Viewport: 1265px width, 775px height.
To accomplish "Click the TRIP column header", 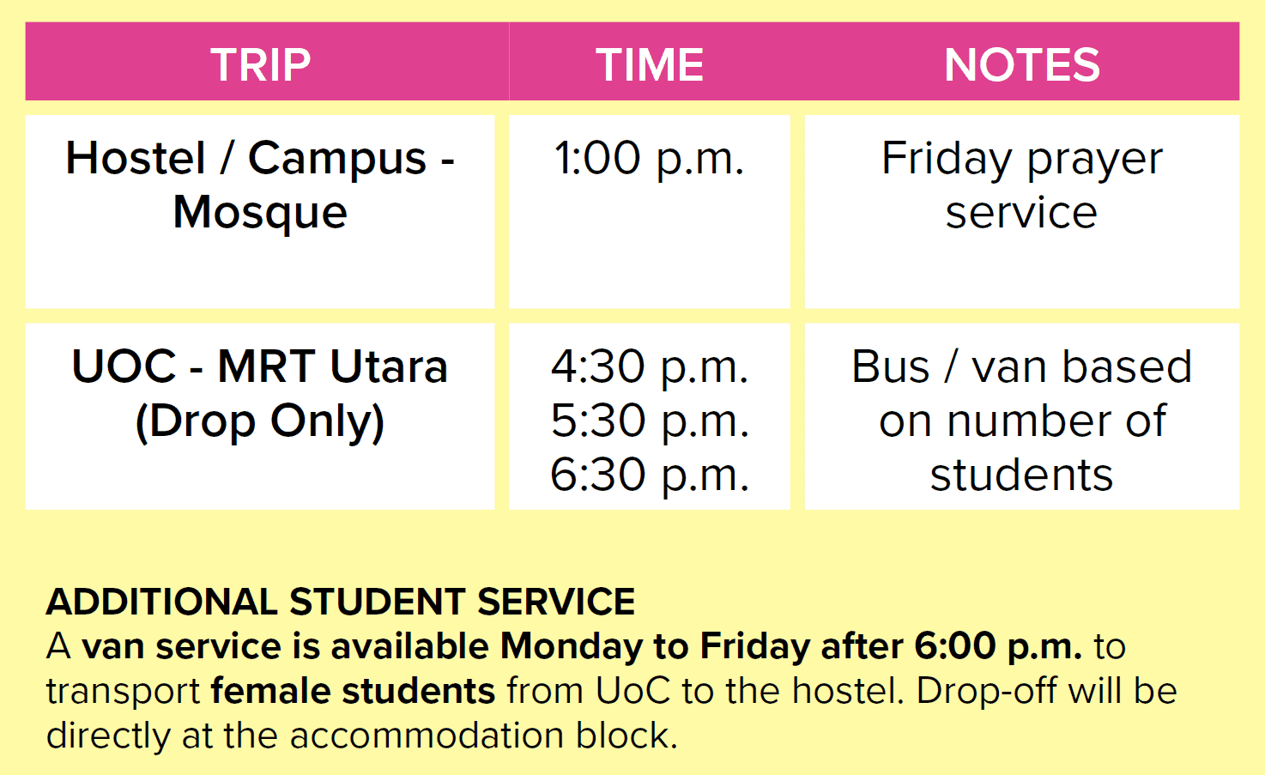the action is point(260,64).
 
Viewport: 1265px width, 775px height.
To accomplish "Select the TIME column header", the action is point(650,64).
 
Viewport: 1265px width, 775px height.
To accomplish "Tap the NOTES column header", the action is point(1022,64).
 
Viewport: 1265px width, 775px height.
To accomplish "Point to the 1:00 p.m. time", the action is point(650,159).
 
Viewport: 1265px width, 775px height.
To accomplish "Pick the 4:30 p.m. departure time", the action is point(650,367).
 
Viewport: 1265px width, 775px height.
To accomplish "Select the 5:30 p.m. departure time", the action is point(650,421).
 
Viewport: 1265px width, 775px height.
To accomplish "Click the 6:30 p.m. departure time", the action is point(650,475).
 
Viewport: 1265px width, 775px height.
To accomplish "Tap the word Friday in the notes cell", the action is point(946,160).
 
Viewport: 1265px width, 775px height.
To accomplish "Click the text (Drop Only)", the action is point(260,421).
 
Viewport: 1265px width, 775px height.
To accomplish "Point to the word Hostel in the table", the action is point(136,158).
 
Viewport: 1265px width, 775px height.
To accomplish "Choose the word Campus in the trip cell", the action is point(337,160).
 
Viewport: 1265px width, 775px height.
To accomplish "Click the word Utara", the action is point(389,367).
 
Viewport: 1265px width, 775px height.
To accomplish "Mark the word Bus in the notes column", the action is point(891,367).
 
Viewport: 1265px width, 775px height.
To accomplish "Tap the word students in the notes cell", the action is point(1021,475).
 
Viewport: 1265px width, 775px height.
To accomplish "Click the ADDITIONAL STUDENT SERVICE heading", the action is point(341,602).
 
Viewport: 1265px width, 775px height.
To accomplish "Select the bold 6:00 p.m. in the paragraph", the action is point(998,647).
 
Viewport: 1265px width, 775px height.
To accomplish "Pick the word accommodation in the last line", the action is point(427,736).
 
